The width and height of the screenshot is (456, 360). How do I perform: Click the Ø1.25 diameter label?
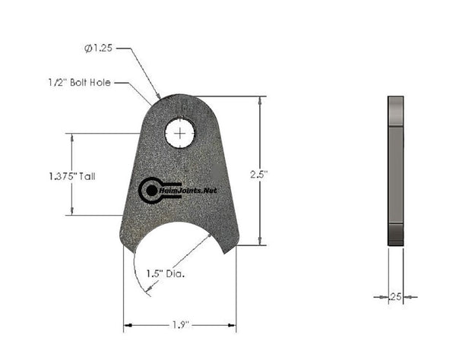pyautogui.click(x=100, y=49)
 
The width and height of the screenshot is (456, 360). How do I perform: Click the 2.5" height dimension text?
pyautogui.click(x=260, y=174)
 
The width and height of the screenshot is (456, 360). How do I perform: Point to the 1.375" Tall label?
pyautogui.click(x=71, y=175)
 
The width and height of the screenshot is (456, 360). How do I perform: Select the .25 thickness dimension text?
pyautogui.click(x=394, y=297)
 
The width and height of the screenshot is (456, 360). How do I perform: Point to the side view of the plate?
pyautogui.click(x=396, y=170)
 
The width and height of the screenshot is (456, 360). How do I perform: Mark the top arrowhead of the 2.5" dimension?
pyautogui.click(x=263, y=99)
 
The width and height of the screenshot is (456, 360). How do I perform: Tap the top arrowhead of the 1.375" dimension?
pyautogui.click(x=72, y=137)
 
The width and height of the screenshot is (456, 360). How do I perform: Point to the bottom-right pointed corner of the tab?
pyautogui.click(x=237, y=245)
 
